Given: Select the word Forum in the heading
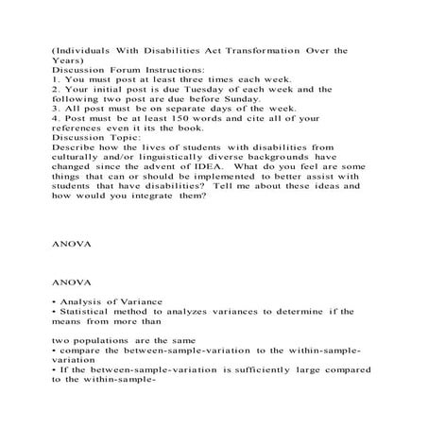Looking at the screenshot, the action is [120, 69].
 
